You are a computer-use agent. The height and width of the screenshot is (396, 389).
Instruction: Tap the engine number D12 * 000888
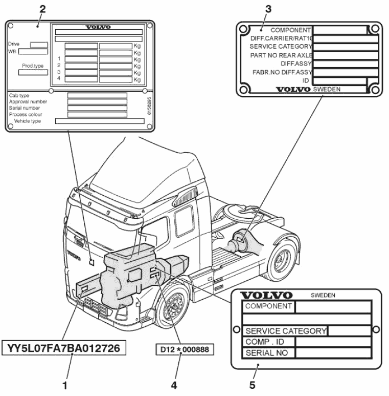[185, 349]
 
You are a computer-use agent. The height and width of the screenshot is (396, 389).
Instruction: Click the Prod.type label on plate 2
[32, 66]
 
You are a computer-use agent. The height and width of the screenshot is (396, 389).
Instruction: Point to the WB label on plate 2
[13, 51]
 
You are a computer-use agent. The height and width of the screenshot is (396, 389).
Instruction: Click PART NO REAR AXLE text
[281, 55]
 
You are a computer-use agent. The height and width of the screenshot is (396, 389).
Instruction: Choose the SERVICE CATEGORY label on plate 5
[286, 331]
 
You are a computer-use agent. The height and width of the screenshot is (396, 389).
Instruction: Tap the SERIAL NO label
[267, 353]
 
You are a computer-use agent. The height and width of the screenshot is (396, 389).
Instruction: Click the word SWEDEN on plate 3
[327, 89]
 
